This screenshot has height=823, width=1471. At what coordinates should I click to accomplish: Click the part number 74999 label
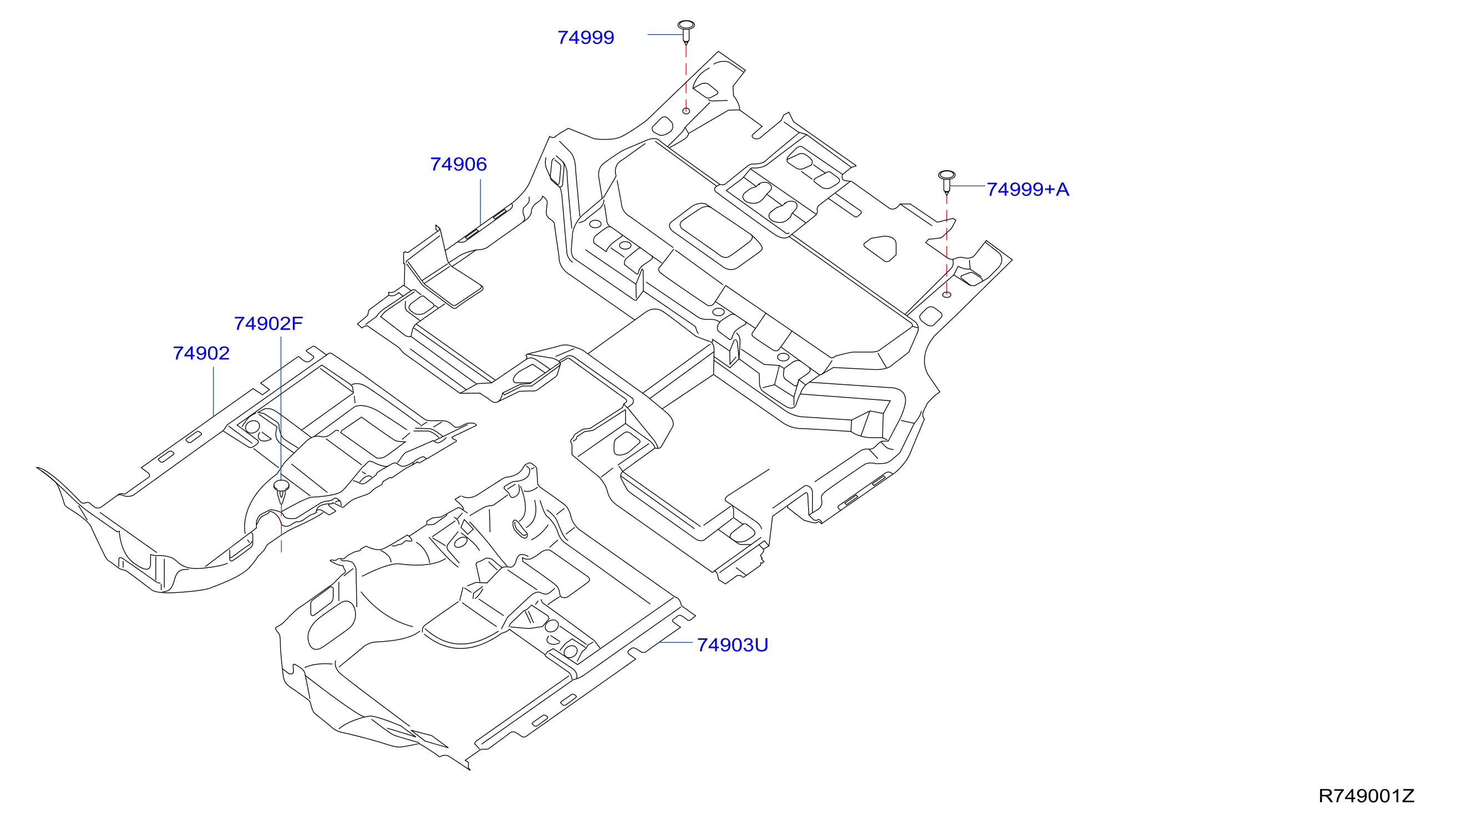click(585, 38)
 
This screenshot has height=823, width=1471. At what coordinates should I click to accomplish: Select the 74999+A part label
click(1028, 189)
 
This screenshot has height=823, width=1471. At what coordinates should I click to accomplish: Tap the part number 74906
click(459, 165)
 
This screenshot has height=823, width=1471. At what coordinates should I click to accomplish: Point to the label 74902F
click(268, 324)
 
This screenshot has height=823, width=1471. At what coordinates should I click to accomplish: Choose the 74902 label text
click(201, 353)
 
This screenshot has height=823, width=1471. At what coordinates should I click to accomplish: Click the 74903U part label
click(733, 645)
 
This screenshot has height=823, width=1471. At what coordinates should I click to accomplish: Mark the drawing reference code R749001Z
click(1367, 796)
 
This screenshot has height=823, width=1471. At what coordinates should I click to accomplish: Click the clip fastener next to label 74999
click(686, 32)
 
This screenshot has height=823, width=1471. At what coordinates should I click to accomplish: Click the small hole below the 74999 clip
click(686, 111)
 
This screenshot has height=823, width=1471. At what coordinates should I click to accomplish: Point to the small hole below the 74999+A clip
click(947, 294)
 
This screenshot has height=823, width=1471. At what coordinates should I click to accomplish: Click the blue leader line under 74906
click(480, 202)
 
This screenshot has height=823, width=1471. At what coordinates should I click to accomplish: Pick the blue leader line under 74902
click(214, 391)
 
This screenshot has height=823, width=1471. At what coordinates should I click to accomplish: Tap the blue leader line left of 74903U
click(676, 643)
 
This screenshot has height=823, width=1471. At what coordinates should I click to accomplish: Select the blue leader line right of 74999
click(665, 34)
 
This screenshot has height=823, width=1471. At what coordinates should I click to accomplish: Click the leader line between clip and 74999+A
click(967, 186)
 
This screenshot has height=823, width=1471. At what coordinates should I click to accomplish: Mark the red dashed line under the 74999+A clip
click(947, 243)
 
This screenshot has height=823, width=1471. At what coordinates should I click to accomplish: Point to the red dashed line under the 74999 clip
click(686, 76)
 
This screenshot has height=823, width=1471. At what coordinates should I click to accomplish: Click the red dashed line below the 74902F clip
click(282, 529)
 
